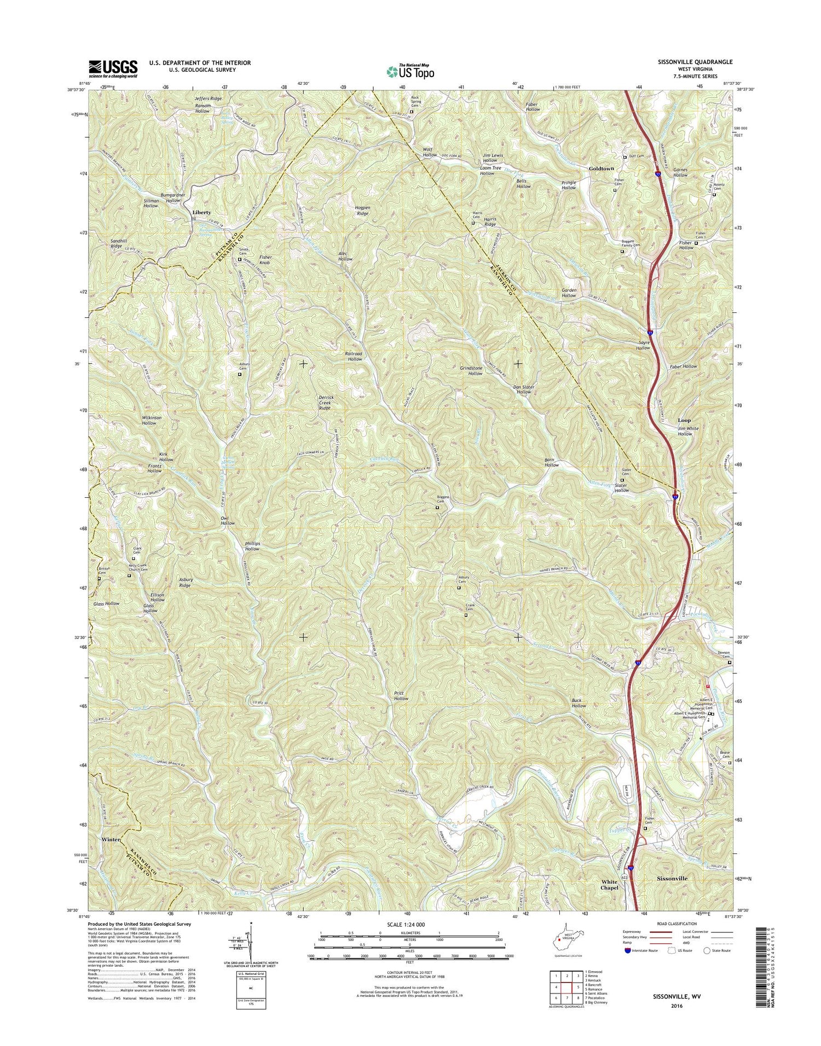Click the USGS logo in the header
tap(113, 69)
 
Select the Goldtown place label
tap(601, 168)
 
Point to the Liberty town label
tap(202, 212)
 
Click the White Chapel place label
tap(609, 885)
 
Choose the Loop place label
tap(685, 420)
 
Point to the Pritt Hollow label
tap(401, 696)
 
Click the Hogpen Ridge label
tap(370, 210)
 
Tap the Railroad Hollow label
tap(354, 356)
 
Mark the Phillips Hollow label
tap(252, 546)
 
